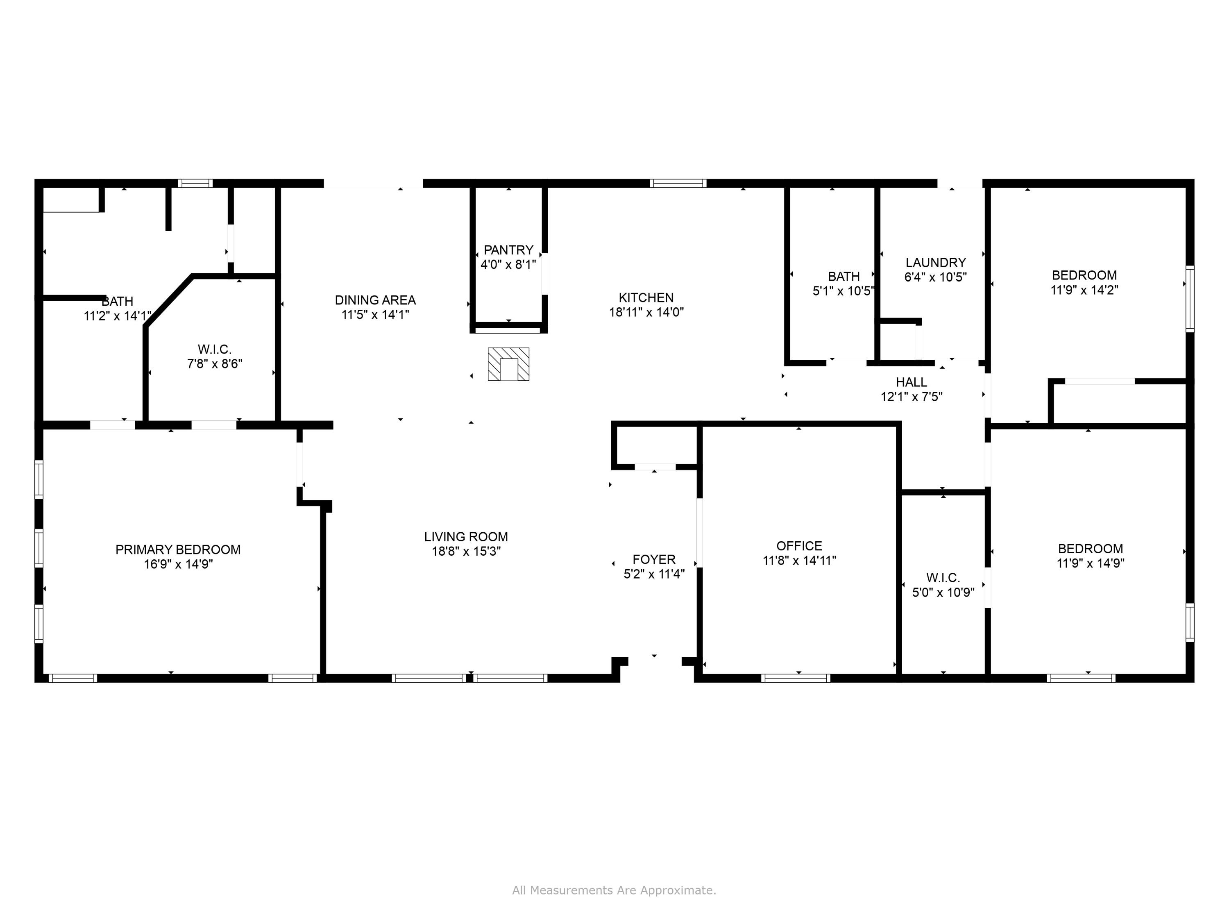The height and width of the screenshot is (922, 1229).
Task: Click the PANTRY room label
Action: [508, 250]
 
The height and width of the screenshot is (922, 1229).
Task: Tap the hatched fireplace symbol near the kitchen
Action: [508, 365]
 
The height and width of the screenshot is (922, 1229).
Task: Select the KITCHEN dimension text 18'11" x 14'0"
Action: [646, 312]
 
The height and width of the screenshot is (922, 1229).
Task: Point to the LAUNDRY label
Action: [936, 262]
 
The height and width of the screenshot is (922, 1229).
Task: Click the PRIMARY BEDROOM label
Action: [178, 550]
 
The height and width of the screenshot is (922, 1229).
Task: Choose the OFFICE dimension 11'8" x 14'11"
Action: [799, 560]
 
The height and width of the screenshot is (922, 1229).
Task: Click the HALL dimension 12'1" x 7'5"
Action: [911, 397]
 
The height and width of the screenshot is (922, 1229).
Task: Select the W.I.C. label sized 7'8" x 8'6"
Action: [215, 350]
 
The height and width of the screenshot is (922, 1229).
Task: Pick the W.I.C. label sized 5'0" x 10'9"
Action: [943, 577]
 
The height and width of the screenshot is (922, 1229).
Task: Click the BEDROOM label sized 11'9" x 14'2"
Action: [1084, 275]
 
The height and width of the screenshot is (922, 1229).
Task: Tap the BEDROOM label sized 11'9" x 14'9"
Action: [1090, 549]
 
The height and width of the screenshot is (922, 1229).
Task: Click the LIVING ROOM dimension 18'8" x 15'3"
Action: [466, 551]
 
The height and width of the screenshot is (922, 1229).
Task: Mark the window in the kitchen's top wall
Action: [678, 184]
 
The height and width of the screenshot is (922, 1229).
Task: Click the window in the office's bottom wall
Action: [795, 678]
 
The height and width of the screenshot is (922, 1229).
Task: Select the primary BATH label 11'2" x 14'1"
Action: [117, 301]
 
